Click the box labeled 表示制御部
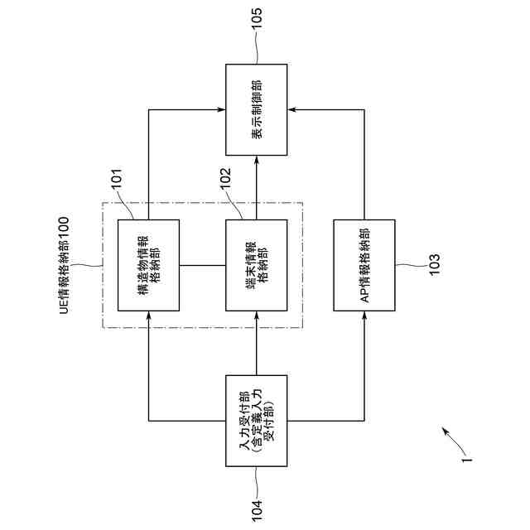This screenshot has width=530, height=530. pos(257,108)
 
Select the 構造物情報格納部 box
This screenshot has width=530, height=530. pos(149,265)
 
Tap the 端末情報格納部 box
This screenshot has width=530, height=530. pos(257,265)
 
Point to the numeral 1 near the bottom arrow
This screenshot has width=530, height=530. pos(467,455)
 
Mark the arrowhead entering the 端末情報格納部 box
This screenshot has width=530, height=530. pos(257,316)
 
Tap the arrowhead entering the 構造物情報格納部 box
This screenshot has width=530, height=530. pos(149,316)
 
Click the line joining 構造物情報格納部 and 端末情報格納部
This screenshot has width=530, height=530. pos(203,265)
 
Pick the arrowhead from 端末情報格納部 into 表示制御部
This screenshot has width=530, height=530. pos(257,158)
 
